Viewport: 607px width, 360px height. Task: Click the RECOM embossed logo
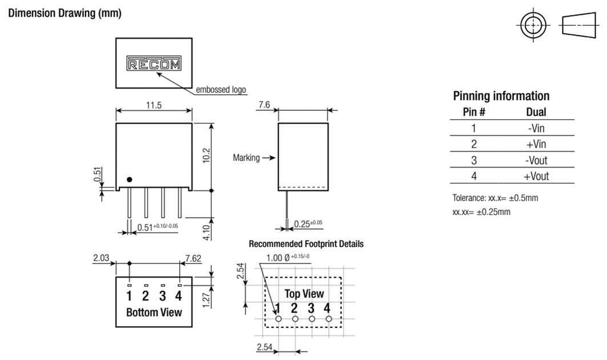[153, 64]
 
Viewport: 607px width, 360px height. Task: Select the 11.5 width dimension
[154, 105]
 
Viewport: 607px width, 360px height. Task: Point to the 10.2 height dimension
[206, 155]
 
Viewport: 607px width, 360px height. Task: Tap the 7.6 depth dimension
[264, 104]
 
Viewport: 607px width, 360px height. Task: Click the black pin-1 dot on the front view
[130, 179]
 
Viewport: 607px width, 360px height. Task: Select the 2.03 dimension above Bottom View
[101, 258]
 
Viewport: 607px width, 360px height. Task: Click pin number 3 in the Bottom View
[163, 296]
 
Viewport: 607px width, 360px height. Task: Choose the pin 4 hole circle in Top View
[328, 318]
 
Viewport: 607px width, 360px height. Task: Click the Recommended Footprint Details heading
[306, 244]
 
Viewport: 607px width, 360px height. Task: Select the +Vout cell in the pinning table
[536, 176]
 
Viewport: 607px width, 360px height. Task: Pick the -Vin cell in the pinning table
[536, 128]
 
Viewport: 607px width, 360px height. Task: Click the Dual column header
[536, 113]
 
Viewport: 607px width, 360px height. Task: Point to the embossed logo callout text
[221, 90]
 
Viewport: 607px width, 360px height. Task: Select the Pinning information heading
[501, 96]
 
